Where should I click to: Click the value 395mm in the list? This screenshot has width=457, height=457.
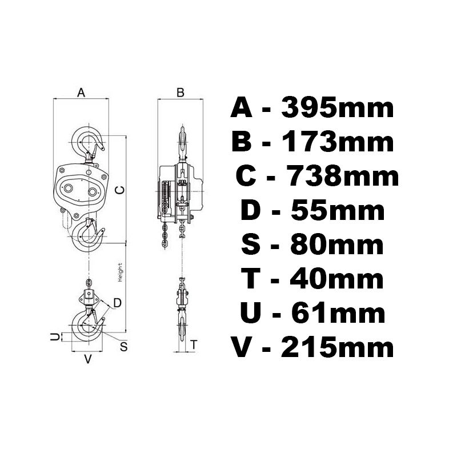coord(337,108)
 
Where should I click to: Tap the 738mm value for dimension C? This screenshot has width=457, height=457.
coord(343,176)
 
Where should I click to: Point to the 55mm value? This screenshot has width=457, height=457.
coord(338,210)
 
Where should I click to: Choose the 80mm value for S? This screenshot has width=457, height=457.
coord(337,245)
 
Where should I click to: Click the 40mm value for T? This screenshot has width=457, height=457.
coord(336,279)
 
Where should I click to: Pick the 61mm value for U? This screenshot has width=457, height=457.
coord(339,313)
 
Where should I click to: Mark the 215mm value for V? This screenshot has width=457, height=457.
coord(337,347)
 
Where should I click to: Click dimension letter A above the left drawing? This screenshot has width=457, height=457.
coord(81,93)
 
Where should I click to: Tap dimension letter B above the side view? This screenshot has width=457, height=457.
coord(181,93)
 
